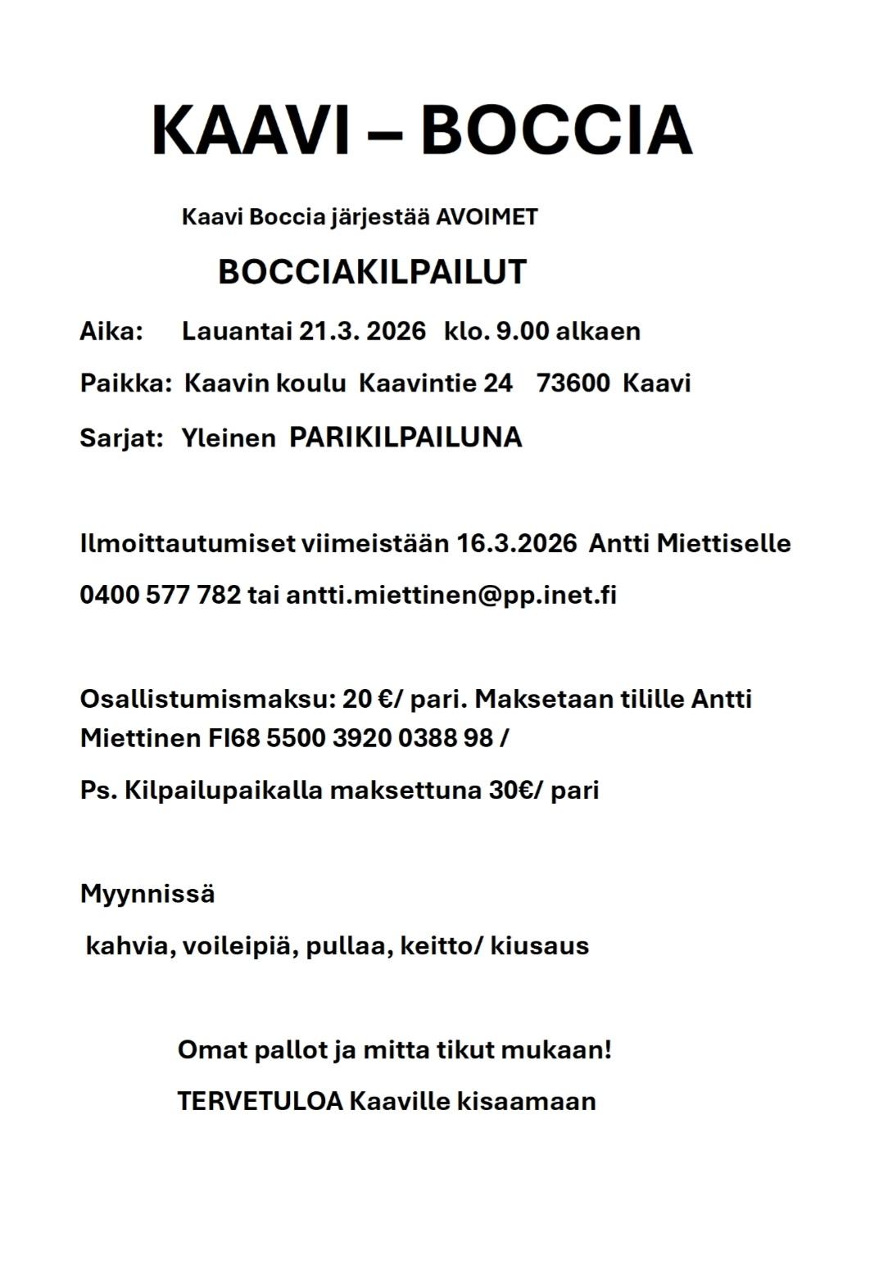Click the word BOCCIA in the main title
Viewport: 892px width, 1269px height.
556,129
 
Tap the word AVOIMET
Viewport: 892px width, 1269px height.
487,217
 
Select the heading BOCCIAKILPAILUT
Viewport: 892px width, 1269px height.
372,272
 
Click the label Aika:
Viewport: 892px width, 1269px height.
111,331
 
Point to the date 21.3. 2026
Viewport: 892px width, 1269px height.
362,331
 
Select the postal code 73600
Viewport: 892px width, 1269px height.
573,383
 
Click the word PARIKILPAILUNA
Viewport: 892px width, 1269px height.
405,437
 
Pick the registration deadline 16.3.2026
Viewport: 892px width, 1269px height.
517,543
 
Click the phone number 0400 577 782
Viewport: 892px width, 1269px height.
161,595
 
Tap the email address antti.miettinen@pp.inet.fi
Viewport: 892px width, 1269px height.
451,595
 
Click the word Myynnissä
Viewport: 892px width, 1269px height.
147,893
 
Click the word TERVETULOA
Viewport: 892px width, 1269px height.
260,1100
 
